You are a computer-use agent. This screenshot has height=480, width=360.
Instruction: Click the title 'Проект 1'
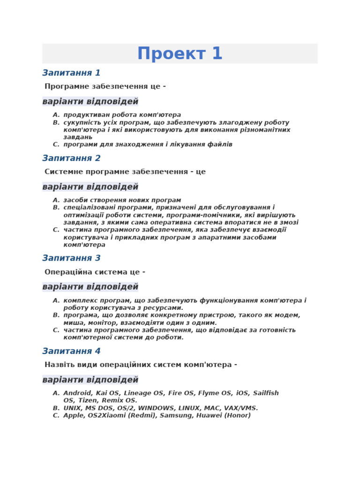point(180,54)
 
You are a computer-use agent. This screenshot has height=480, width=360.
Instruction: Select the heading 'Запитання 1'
point(71,73)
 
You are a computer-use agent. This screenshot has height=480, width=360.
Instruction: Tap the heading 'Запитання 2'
point(71,158)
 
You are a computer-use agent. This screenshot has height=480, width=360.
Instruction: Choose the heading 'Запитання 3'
point(71,258)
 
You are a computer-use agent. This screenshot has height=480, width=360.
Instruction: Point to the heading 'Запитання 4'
point(71,351)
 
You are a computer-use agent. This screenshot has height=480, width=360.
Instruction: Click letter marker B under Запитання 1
point(56,122)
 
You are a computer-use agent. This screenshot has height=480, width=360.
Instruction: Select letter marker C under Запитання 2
point(56,230)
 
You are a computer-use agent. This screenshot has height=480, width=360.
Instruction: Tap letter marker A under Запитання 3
point(56,300)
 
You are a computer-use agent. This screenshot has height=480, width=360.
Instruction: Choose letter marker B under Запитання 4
point(56,408)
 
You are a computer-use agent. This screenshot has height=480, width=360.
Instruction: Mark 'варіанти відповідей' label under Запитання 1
point(90,101)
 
